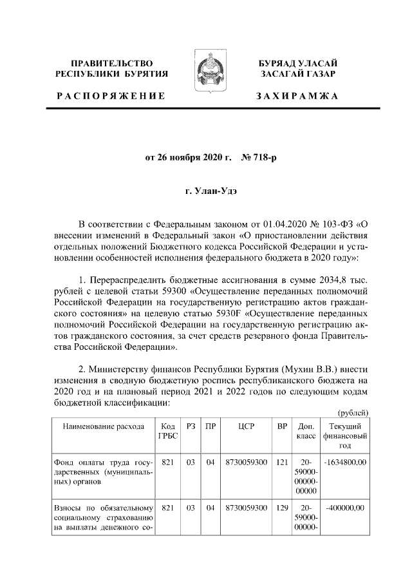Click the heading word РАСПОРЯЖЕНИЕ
[111, 96]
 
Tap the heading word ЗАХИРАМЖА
[297, 96]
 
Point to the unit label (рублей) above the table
[353, 412]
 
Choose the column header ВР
[282, 427]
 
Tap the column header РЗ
[190, 427]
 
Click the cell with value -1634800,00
[345, 461]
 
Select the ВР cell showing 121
[282, 461]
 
